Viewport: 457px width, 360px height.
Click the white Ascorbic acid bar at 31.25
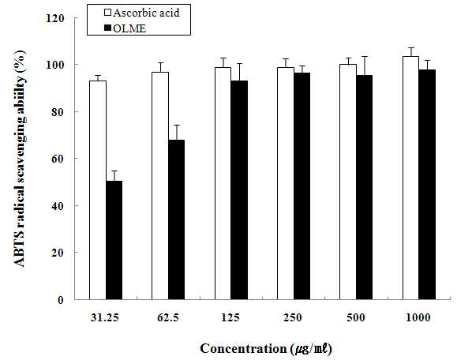tap(98, 190)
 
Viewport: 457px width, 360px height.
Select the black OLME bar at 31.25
tap(114, 240)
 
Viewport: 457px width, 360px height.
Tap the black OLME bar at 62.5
tap(176, 219)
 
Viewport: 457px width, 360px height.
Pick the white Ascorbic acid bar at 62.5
tap(160, 186)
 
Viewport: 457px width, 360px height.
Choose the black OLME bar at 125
tap(239, 190)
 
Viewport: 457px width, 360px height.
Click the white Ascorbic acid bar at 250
tap(286, 183)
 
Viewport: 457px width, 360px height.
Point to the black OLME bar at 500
tap(365, 187)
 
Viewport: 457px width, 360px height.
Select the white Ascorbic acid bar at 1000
tap(410, 178)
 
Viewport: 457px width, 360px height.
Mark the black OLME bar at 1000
tap(427, 185)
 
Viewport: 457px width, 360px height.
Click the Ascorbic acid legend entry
tap(142, 13)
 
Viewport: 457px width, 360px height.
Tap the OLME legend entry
tap(125, 28)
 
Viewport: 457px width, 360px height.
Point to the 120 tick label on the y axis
tap(54, 19)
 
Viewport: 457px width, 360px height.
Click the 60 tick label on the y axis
tap(58, 159)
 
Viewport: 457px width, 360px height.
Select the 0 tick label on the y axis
tap(61, 300)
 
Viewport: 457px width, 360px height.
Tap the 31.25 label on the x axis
tap(105, 317)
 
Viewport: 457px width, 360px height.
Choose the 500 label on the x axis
tap(356, 317)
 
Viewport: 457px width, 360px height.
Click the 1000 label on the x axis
tap(418, 317)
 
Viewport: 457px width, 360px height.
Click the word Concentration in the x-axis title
tap(244, 349)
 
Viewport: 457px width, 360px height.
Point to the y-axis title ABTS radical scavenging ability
tap(20, 159)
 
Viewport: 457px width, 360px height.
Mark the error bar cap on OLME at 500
tap(365, 56)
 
